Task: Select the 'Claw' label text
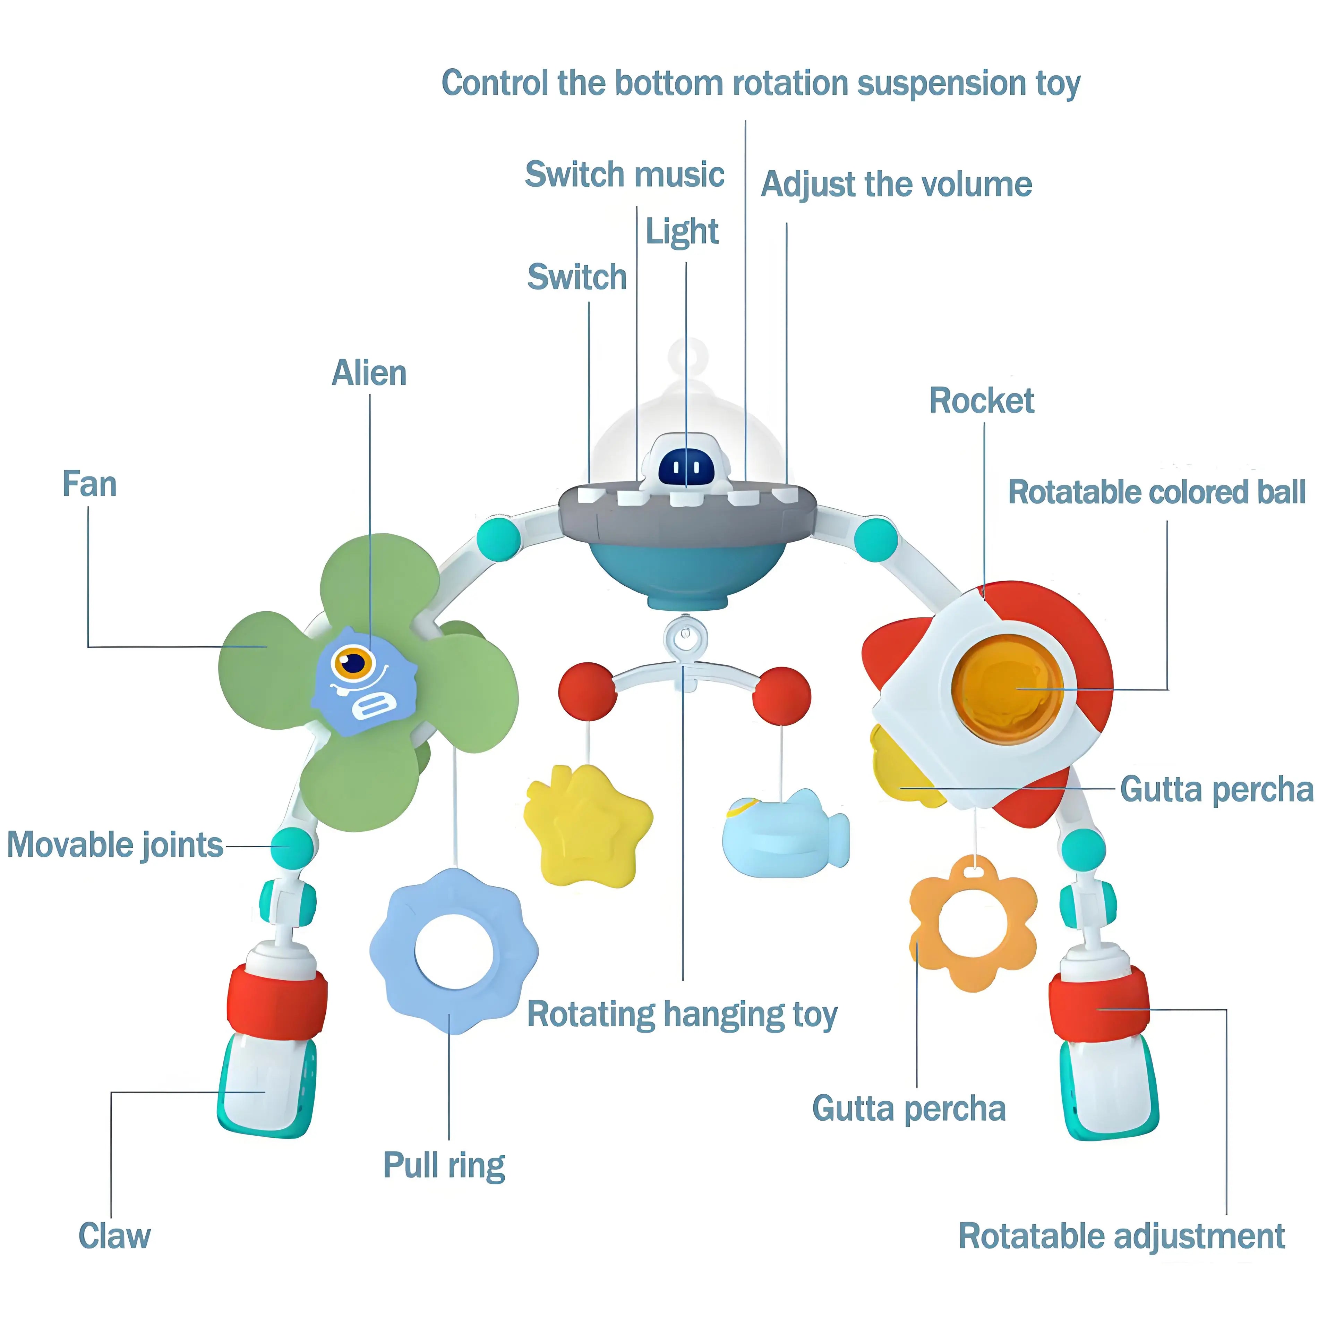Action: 114,1236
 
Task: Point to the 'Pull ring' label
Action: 444,1165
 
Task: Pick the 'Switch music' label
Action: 624,174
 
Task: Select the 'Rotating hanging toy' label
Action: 682,1014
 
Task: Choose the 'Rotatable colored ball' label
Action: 1156,492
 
